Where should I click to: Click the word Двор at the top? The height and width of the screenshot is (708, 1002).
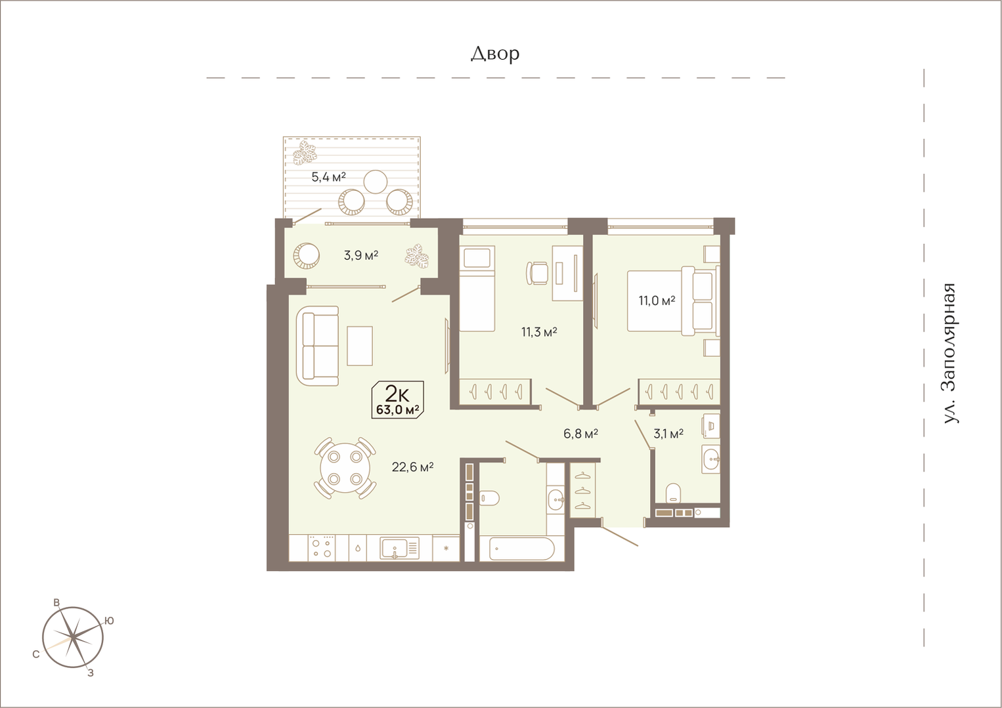(x=494, y=54)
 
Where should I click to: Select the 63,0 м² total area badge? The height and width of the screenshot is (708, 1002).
(x=398, y=400)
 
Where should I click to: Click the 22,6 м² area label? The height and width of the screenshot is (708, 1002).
(x=412, y=467)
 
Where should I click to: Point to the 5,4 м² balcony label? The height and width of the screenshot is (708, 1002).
(x=328, y=177)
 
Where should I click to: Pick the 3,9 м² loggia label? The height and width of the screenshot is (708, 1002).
(x=361, y=255)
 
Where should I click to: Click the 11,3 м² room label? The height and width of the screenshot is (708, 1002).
(x=539, y=331)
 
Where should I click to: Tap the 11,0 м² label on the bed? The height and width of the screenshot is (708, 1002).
(x=657, y=301)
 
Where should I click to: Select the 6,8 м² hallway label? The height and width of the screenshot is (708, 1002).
(x=580, y=433)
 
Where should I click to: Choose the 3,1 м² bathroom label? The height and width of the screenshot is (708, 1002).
(x=668, y=433)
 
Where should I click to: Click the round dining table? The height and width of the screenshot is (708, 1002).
(x=345, y=468)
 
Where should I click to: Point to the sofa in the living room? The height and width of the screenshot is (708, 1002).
(x=317, y=346)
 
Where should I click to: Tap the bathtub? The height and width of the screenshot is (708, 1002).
(x=522, y=549)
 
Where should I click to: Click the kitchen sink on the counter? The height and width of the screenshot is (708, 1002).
(x=399, y=548)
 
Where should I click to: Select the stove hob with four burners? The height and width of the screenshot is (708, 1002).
(x=322, y=548)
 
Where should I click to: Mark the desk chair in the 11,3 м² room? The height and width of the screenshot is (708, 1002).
(x=536, y=273)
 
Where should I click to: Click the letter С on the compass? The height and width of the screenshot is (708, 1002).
(x=36, y=654)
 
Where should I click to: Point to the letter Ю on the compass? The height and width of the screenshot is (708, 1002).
(x=109, y=620)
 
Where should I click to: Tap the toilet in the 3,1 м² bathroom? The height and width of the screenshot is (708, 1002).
(x=673, y=493)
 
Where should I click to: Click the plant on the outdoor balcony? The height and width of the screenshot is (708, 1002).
(x=305, y=152)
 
